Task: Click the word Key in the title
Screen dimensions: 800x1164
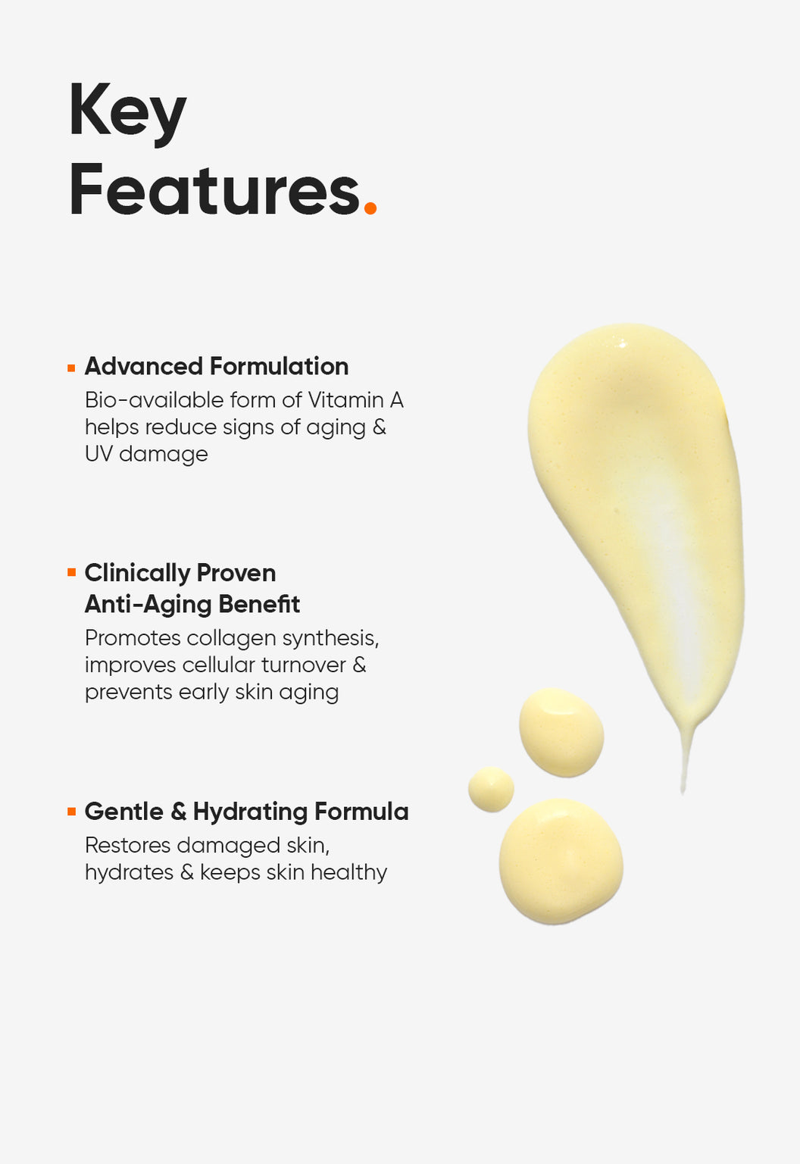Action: [128, 113]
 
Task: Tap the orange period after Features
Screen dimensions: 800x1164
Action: [370, 208]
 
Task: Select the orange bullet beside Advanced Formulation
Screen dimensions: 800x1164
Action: [72, 368]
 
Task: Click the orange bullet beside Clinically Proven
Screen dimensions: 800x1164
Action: [72, 573]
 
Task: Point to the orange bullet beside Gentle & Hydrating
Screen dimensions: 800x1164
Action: [72, 812]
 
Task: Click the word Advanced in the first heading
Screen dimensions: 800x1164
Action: [144, 366]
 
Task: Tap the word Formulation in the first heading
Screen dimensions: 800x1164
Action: [279, 366]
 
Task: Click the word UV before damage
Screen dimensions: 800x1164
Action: [98, 454]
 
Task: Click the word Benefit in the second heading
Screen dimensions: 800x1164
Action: [259, 604]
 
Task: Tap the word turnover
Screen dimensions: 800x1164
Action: [303, 665]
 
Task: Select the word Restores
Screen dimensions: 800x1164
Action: [128, 846]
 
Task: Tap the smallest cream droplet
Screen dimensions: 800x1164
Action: [491, 790]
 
